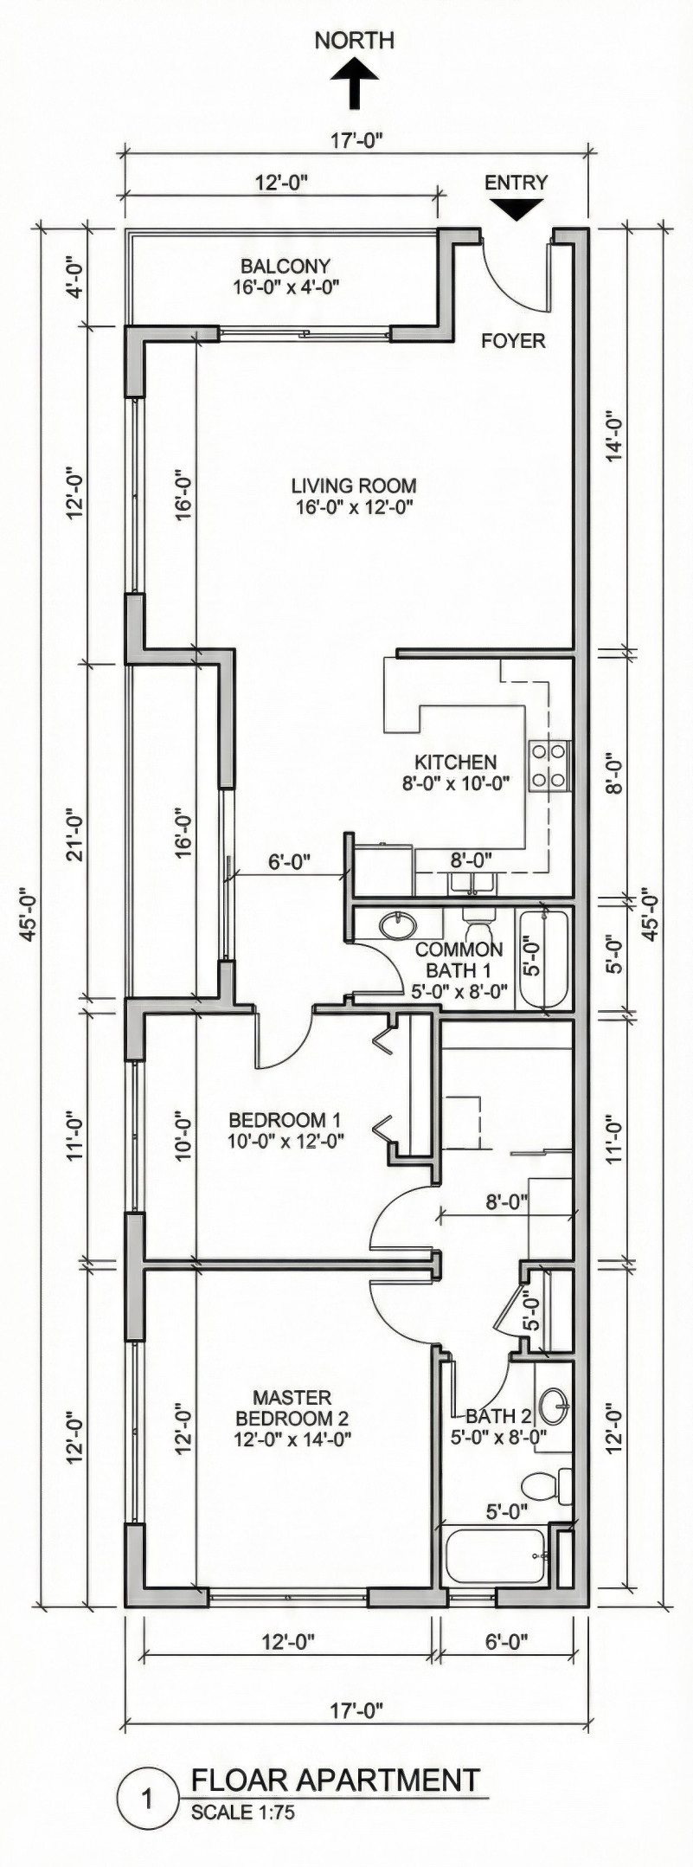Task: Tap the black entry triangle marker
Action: click(x=516, y=208)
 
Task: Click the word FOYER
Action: click(x=513, y=341)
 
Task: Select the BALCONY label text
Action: click(x=285, y=267)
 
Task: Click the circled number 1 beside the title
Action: click(x=147, y=1800)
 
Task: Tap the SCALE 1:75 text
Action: click(x=242, y=1812)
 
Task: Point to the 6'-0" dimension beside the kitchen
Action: click(x=289, y=862)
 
